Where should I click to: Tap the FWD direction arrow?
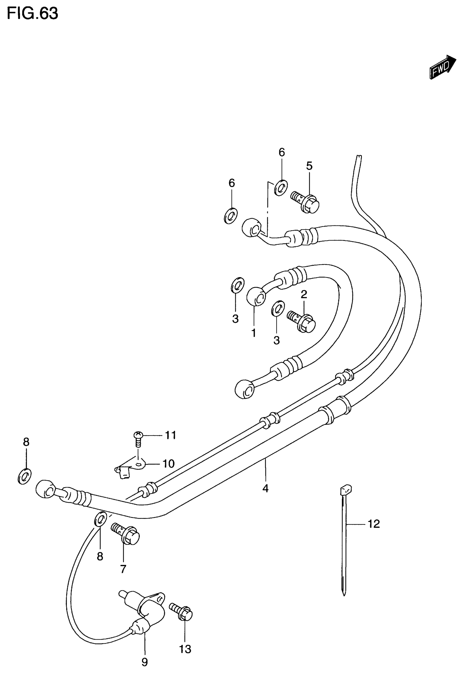click(x=442, y=67)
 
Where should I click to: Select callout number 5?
click(x=309, y=166)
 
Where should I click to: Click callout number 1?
click(x=254, y=333)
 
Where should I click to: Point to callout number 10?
click(x=169, y=463)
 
